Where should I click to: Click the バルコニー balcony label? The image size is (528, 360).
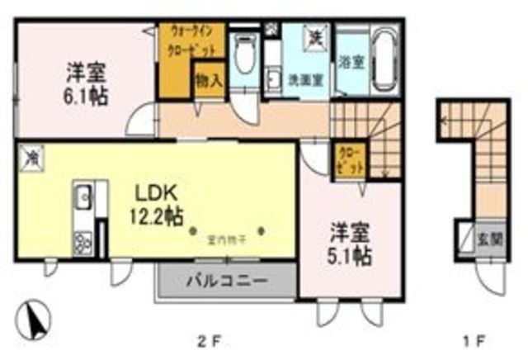pos(225,280)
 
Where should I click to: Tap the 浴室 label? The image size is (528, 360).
pos(348,61)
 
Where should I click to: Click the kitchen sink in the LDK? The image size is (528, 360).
pos(82,197)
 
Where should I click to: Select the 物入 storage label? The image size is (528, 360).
pos(209,80)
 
